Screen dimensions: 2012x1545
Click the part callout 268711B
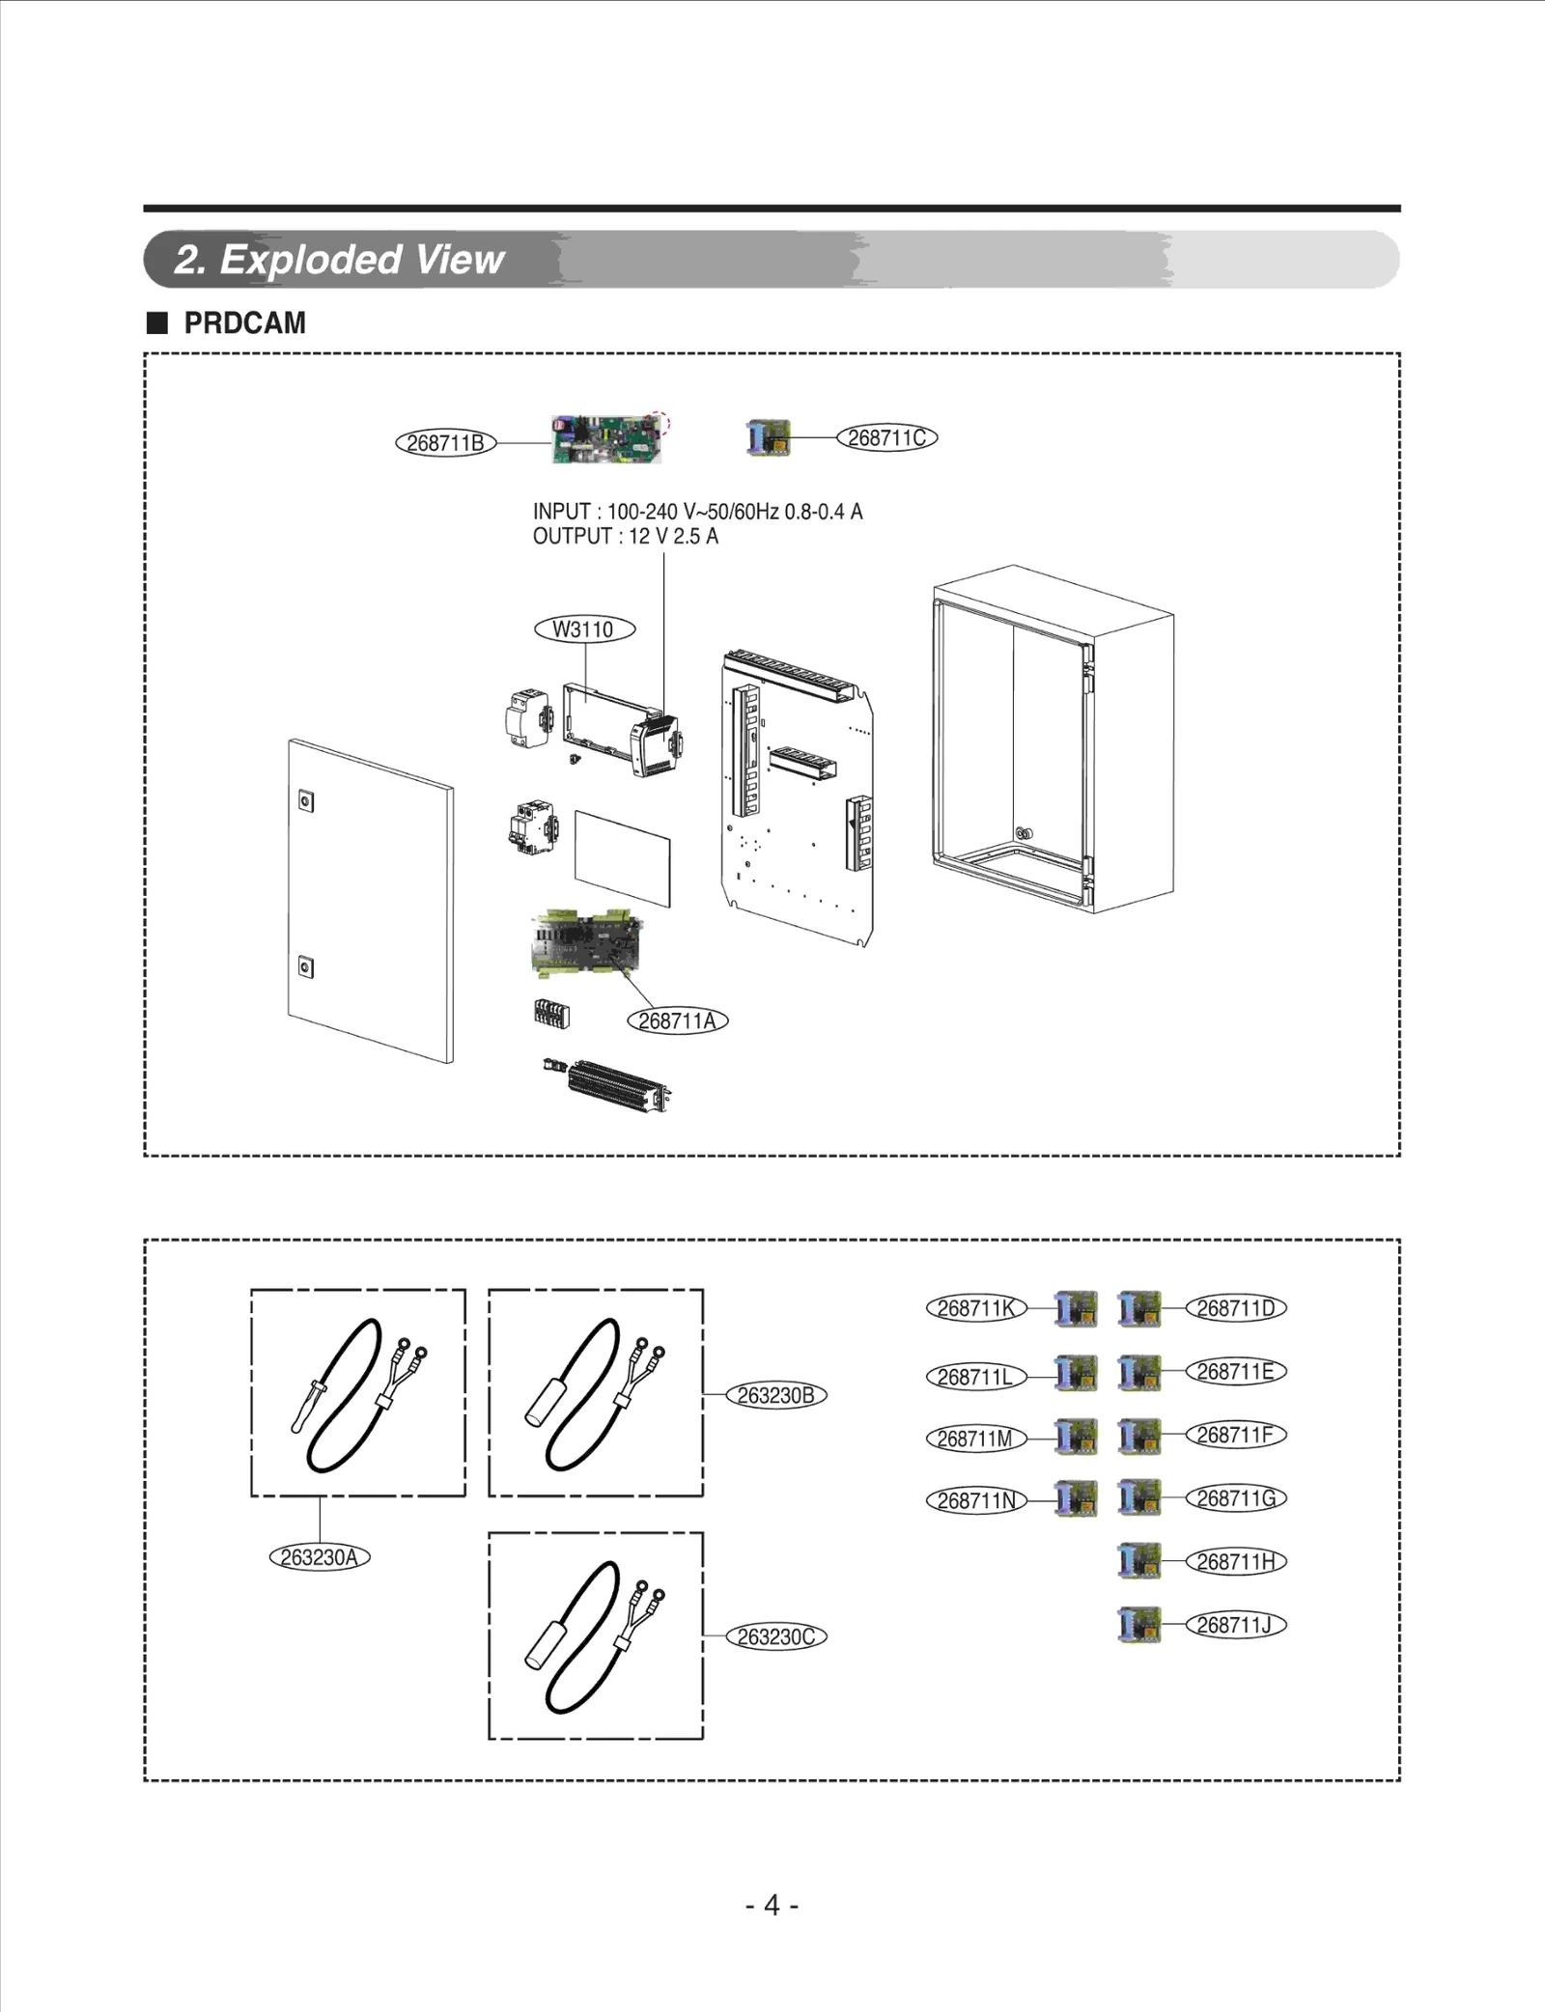pyautogui.click(x=445, y=443)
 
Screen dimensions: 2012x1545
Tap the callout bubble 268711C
pyautogui.click(x=886, y=437)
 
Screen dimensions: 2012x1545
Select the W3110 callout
pyautogui.click(x=584, y=629)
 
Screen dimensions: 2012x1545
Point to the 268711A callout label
pyautogui.click(x=677, y=1020)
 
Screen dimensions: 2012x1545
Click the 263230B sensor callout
pyautogui.click(x=775, y=1395)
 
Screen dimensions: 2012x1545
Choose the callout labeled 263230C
pyautogui.click(x=775, y=1636)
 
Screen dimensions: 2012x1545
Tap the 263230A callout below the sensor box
pyautogui.click(x=319, y=1557)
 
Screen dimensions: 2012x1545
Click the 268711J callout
pyautogui.click(x=1235, y=1625)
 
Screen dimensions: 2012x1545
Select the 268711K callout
pyautogui.click(x=976, y=1308)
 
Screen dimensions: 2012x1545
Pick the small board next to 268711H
pyautogui.click(x=1139, y=1561)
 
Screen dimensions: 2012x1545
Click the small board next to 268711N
pyautogui.click(x=1076, y=1498)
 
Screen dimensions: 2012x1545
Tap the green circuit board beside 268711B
pyautogui.click(x=606, y=439)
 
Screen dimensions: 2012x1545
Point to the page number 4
pyautogui.click(x=772, y=1905)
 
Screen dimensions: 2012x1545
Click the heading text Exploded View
pyautogui.click(x=361, y=260)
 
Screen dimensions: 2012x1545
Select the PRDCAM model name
pyautogui.click(x=244, y=323)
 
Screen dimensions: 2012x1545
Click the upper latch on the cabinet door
pyautogui.click(x=305, y=800)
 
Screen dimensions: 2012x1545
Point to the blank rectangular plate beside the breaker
pyautogui.click(x=622, y=858)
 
